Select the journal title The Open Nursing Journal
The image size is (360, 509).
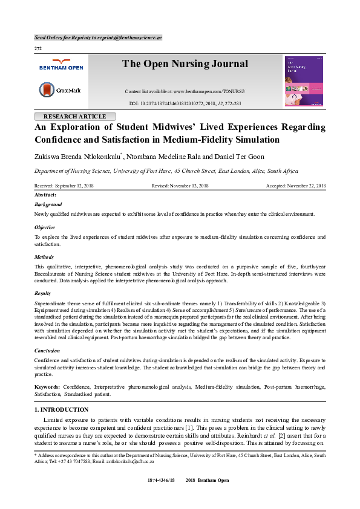[185, 64]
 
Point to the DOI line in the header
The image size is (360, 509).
[185, 103]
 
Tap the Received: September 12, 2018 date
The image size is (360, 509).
[64, 186]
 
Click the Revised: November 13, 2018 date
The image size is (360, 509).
[180, 186]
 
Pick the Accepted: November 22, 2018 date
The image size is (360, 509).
[296, 186]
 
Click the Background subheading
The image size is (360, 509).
[48, 205]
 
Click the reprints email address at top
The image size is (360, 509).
[132, 37]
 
